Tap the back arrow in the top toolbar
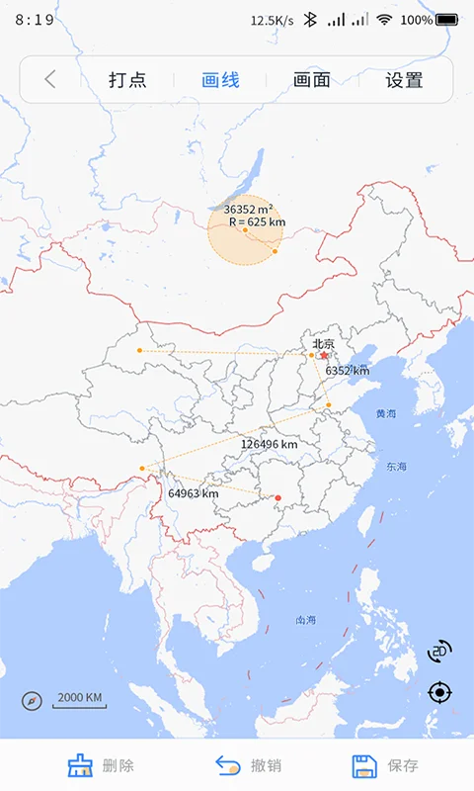(50, 80)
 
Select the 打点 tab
(127, 80)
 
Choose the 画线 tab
(220, 80)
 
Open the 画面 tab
(312, 80)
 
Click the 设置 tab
(404, 80)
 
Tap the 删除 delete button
(101, 765)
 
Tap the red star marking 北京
(324, 355)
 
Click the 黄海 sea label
(385, 413)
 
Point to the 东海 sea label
(396, 467)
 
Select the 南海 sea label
(306, 621)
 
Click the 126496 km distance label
(269, 445)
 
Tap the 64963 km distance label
(193, 493)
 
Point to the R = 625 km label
(257, 222)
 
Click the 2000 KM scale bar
(79, 700)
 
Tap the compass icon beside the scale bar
(33, 701)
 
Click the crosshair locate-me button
(439, 692)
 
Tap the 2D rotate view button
(439, 651)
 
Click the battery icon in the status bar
(447, 19)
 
